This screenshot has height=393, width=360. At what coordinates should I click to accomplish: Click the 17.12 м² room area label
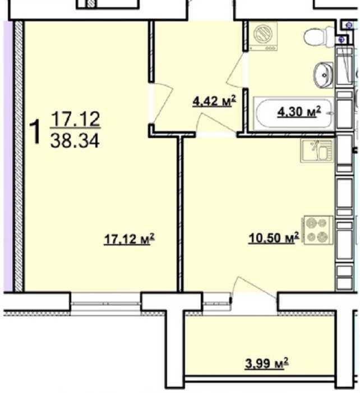coord(129,239)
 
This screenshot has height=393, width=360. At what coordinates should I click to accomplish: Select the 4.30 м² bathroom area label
coord(299,112)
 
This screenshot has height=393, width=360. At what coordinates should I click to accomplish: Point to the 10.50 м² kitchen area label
coord(274,237)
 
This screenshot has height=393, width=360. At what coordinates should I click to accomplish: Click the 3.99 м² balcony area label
coord(266,363)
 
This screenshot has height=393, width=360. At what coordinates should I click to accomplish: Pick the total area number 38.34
coord(75,141)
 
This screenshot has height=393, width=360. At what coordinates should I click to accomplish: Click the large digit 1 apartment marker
coord(35,131)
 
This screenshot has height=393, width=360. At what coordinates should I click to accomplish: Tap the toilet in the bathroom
coord(319,37)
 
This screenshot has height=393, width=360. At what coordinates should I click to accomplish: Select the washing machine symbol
coord(263,36)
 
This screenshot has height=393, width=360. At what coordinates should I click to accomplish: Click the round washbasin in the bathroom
coord(323,75)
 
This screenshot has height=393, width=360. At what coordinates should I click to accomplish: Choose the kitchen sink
coord(317,151)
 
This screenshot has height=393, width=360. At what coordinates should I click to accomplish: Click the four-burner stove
coord(318,230)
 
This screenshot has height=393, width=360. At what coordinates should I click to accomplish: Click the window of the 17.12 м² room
coord(105,304)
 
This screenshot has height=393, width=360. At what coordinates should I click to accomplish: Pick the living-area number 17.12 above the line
coord(75,119)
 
